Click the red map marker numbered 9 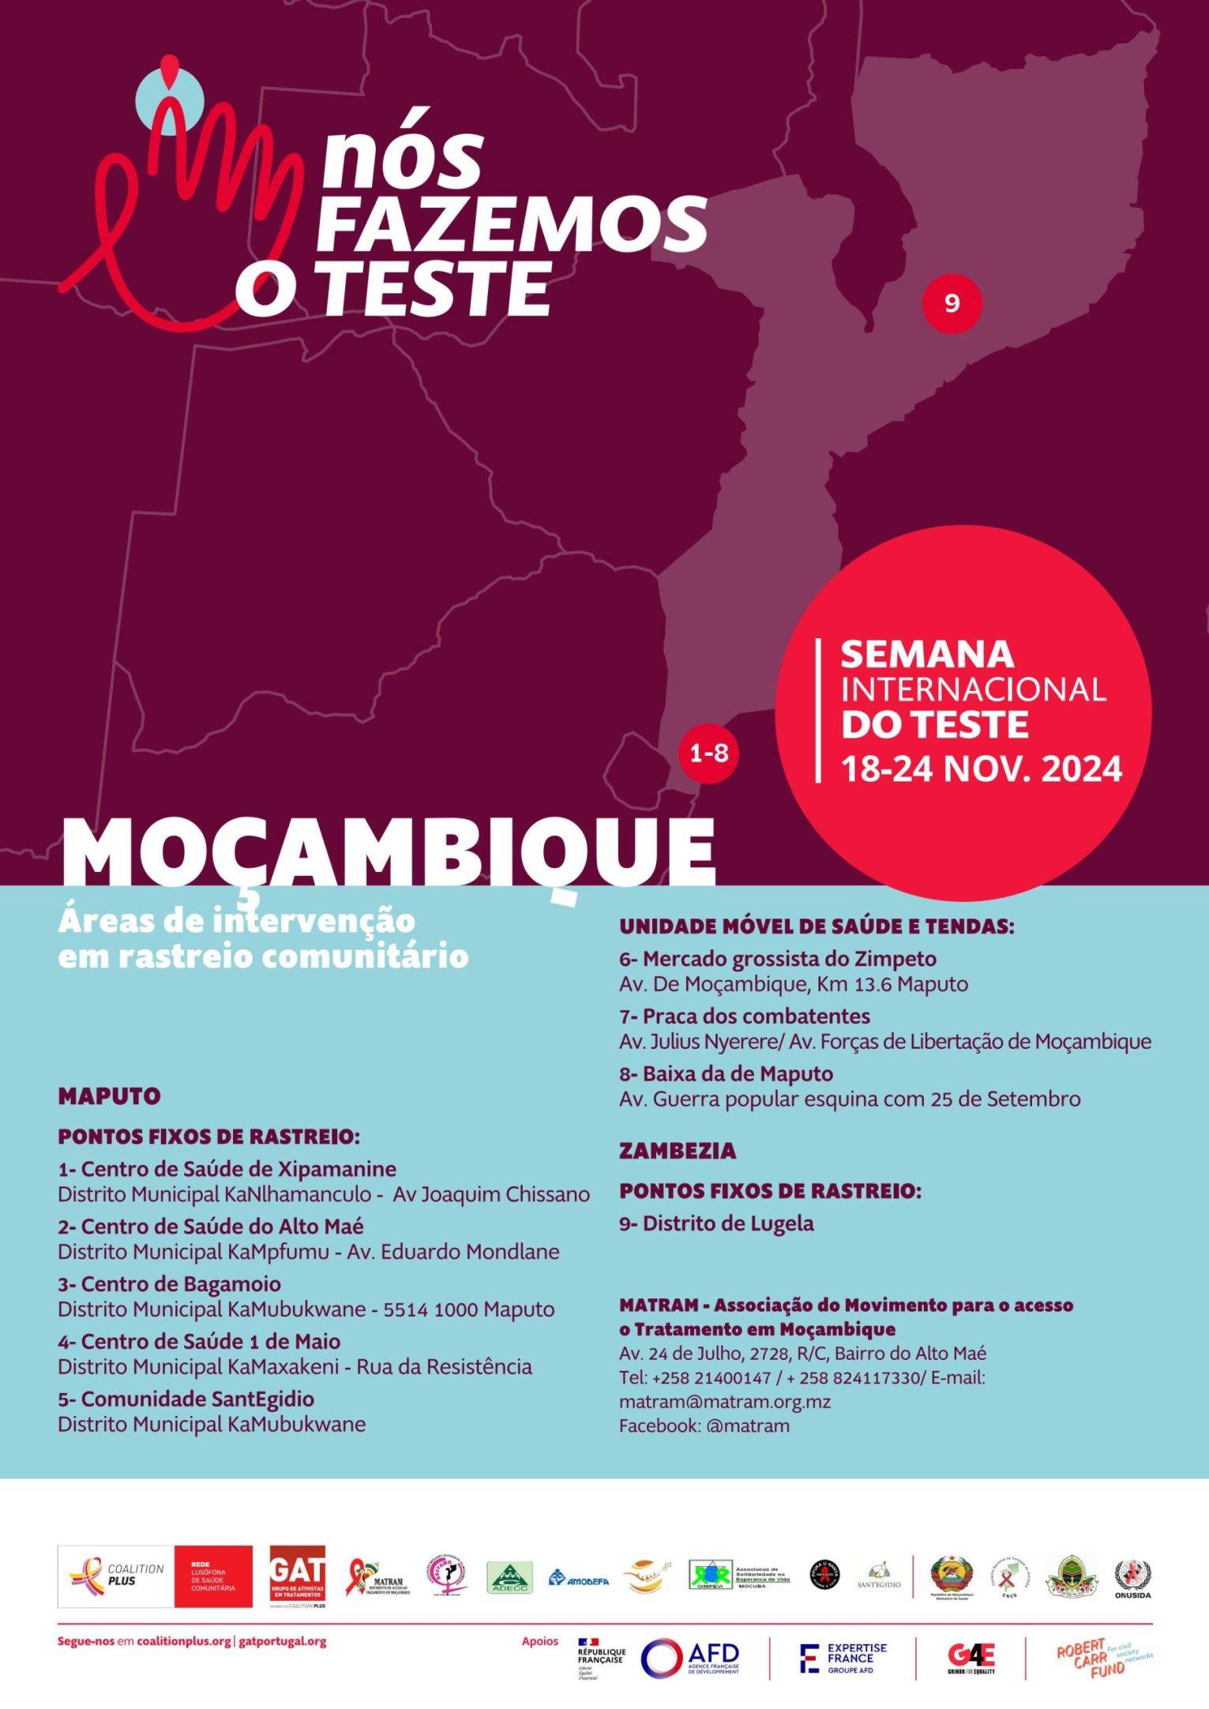pyautogui.click(x=952, y=303)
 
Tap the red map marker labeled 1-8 pyautogui.click(x=708, y=753)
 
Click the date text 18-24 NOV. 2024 pyautogui.click(x=982, y=768)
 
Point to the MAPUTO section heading pyautogui.click(x=109, y=1096)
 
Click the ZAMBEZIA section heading pyautogui.click(x=678, y=1151)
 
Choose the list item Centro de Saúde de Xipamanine pyautogui.click(x=227, y=1169)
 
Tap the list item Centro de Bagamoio pyautogui.click(x=169, y=1283)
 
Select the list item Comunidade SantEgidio pyautogui.click(x=186, y=1399)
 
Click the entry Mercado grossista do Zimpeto pyautogui.click(x=778, y=959)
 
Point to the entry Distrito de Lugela pyautogui.click(x=716, y=1223)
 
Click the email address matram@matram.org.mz pyautogui.click(x=724, y=1401)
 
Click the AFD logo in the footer pyautogui.click(x=689, y=1655)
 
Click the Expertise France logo pyautogui.click(x=843, y=1655)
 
